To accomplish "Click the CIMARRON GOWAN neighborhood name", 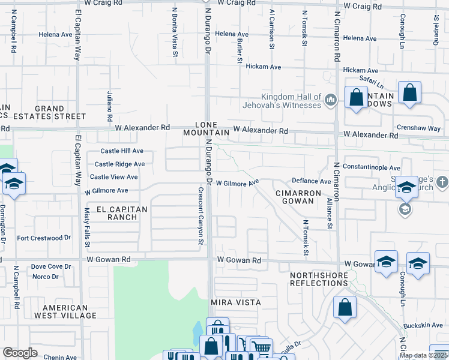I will click(295, 197).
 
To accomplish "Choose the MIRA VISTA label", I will click(236, 302).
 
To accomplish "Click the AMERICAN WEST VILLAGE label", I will click(65, 311).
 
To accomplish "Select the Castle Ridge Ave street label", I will click(119, 164).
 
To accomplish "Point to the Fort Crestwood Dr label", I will click(44, 238).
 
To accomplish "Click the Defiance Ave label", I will click(311, 181).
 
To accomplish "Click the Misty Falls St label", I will click(87, 228).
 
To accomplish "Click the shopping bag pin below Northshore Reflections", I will click(345, 309).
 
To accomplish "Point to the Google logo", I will click(20, 353).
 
